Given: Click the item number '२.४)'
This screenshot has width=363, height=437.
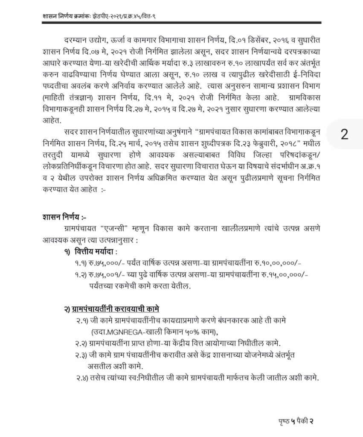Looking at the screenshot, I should coord(79,377).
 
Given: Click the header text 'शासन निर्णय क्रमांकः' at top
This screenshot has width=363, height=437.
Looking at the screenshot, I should coord(67,15).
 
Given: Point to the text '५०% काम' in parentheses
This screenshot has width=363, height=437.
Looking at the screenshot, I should coord(203,332).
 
